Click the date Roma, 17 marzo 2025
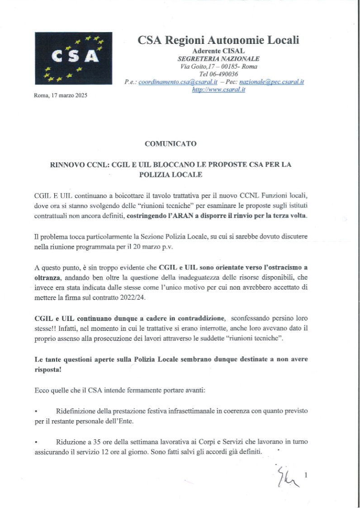[x=61, y=95]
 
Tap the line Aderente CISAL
[x=218, y=51]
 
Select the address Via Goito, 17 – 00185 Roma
[x=218, y=66]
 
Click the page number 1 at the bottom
[x=306, y=475]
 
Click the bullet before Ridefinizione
[x=36, y=411]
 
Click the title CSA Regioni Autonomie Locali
[x=218, y=40]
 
